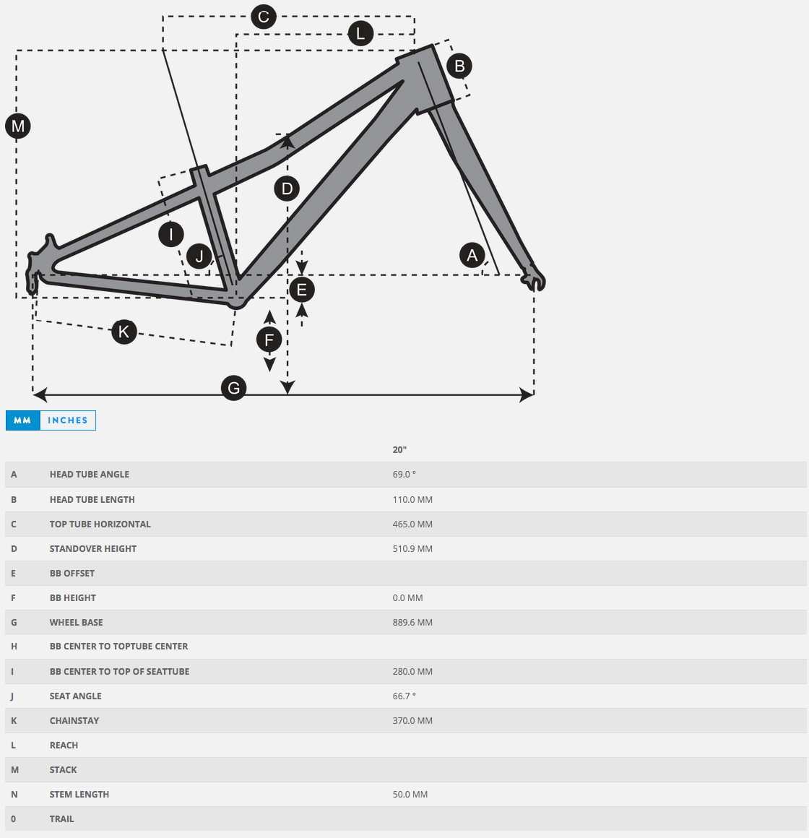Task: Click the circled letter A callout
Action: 472,255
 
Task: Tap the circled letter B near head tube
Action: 459,66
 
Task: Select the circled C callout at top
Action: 264,17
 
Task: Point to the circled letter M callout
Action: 18,126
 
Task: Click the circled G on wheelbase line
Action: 233,388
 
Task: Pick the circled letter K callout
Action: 124,332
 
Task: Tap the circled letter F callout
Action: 269,340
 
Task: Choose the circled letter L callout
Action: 360,33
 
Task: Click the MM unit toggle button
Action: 22,420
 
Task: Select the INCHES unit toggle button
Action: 68,420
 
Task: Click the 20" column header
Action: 399,449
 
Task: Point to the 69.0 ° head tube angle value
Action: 404,475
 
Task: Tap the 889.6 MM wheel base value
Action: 412,622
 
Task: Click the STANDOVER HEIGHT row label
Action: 93,548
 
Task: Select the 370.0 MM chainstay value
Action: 412,720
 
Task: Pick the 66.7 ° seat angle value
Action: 404,696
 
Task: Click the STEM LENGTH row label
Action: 79,794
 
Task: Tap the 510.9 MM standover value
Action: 412,548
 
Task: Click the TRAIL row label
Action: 62,818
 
